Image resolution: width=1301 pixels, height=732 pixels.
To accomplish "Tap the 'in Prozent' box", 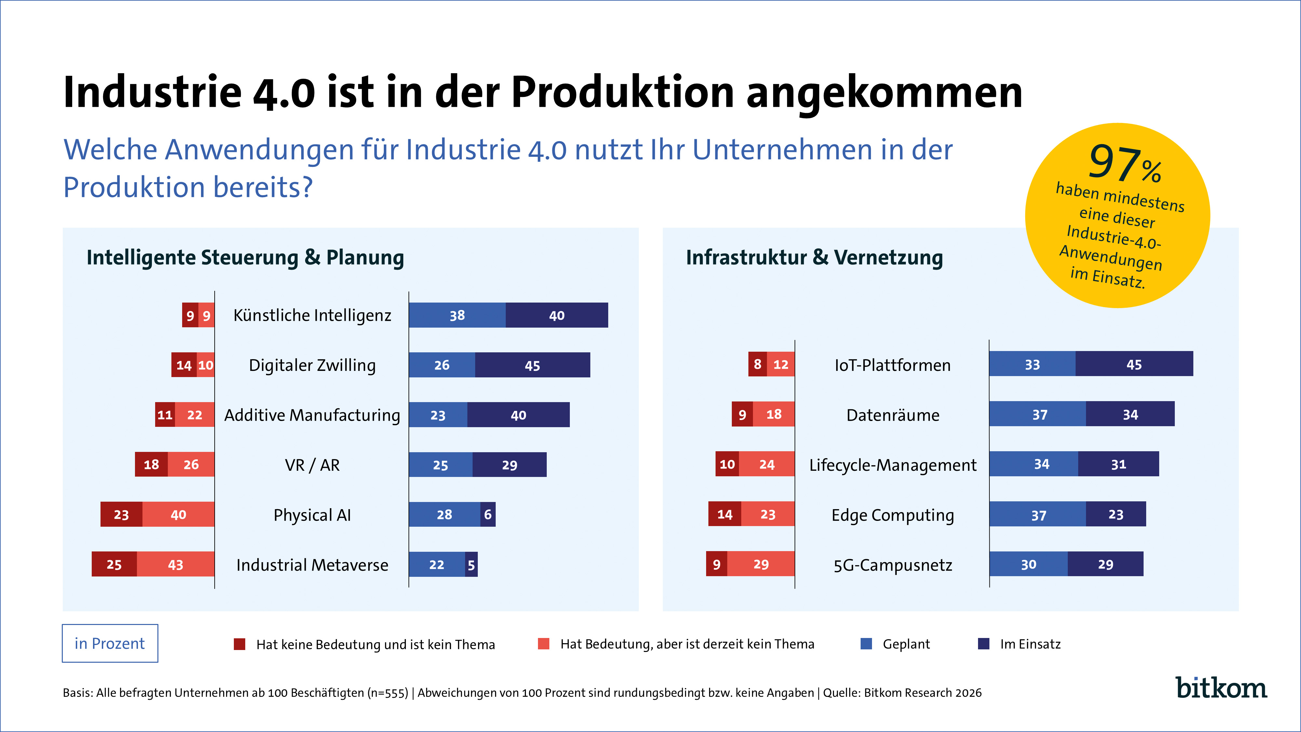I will pyautogui.click(x=110, y=643).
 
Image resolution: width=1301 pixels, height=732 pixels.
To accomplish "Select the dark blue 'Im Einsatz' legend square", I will pyautogui.click(x=983, y=644).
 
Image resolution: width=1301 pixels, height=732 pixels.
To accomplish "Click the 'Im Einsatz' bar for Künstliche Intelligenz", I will pyautogui.click(x=557, y=315).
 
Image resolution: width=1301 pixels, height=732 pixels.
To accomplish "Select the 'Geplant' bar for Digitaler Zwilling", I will pyautogui.click(x=442, y=365).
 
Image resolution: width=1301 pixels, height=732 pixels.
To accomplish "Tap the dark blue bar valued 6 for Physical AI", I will pyautogui.click(x=488, y=514).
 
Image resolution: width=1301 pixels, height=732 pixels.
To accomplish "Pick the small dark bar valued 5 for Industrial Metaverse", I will pyautogui.click(x=471, y=564).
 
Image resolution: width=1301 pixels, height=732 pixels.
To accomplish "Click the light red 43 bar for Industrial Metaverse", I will pyautogui.click(x=175, y=564).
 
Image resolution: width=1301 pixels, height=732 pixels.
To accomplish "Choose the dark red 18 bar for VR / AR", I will pyautogui.click(x=151, y=464).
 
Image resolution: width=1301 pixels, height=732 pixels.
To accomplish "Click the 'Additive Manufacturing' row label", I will pyautogui.click(x=312, y=415).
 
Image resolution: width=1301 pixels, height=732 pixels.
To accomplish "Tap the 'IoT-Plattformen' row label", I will pyautogui.click(x=892, y=365).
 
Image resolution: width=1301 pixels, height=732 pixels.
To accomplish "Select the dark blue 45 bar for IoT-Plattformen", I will pyautogui.click(x=1134, y=364).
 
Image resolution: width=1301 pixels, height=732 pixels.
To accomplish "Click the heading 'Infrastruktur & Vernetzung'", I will pyautogui.click(x=814, y=257).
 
